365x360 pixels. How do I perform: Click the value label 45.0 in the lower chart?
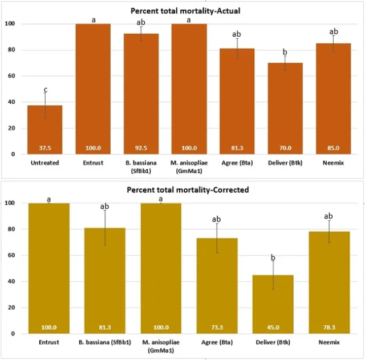tap(273, 327)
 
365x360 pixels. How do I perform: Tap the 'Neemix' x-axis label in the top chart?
tap(334, 163)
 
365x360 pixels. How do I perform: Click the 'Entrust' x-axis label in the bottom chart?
tap(49, 342)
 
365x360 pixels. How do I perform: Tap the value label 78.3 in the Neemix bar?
tap(328, 327)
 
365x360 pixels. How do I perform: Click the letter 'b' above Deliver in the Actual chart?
tap(285, 52)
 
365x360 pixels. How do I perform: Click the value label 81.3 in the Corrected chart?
tap(105, 327)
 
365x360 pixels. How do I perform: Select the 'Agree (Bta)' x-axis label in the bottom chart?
tap(217, 342)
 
